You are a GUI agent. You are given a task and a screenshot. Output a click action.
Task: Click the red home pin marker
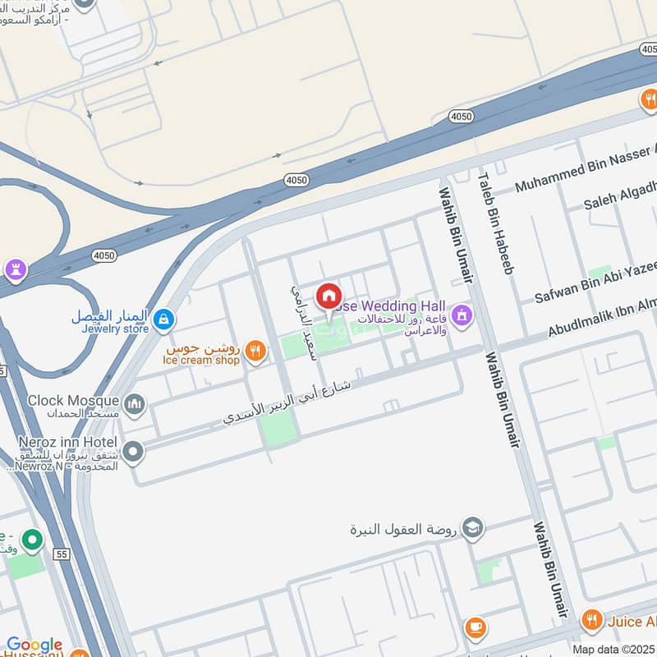tap(328, 296)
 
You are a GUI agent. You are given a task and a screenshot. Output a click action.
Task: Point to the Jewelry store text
tap(115, 328)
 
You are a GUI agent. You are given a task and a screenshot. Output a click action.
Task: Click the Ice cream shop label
tap(201, 360)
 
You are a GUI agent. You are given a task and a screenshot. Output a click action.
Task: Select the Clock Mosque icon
tap(134, 403)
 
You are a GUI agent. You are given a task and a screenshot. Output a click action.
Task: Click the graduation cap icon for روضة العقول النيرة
tap(472, 526)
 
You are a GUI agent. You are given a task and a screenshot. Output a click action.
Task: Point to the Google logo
tap(34, 645)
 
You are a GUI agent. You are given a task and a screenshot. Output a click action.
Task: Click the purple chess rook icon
tap(16, 269)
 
